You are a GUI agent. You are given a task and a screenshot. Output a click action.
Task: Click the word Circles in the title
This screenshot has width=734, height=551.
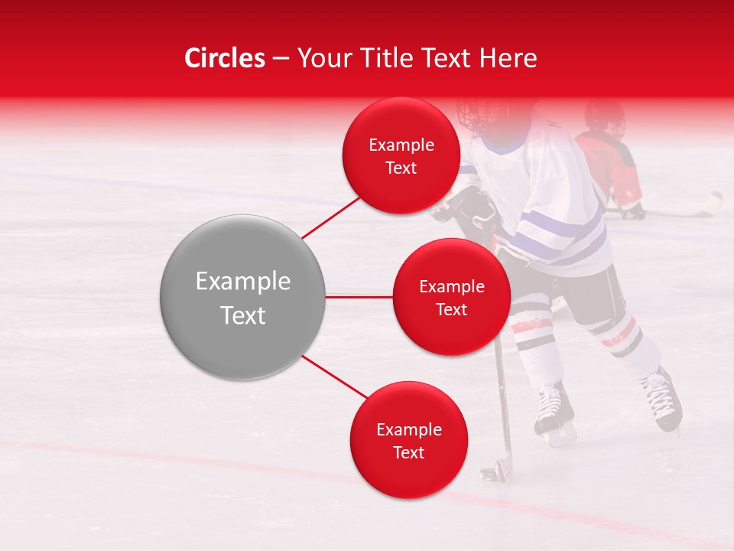click(x=224, y=58)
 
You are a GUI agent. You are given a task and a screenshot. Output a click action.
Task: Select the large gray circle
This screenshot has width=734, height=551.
click(x=243, y=297)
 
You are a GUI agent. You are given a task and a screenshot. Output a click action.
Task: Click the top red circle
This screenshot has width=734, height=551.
click(x=401, y=155)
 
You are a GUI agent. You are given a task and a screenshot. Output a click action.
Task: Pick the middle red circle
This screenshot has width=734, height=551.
click(x=451, y=297)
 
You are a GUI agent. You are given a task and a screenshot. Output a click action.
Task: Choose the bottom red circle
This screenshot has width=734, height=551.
click(x=408, y=440)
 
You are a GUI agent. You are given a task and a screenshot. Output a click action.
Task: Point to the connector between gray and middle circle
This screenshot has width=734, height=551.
click(x=359, y=296)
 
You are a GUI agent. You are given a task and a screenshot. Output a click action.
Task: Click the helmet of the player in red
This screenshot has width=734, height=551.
click(x=604, y=116)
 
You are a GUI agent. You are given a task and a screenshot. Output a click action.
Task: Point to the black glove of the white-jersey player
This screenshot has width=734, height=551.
click(x=469, y=209)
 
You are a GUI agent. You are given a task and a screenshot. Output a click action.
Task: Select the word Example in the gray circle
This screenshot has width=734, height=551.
click(x=243, y=282)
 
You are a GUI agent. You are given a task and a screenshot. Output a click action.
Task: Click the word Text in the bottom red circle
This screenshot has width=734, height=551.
click(x=408, y=452)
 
